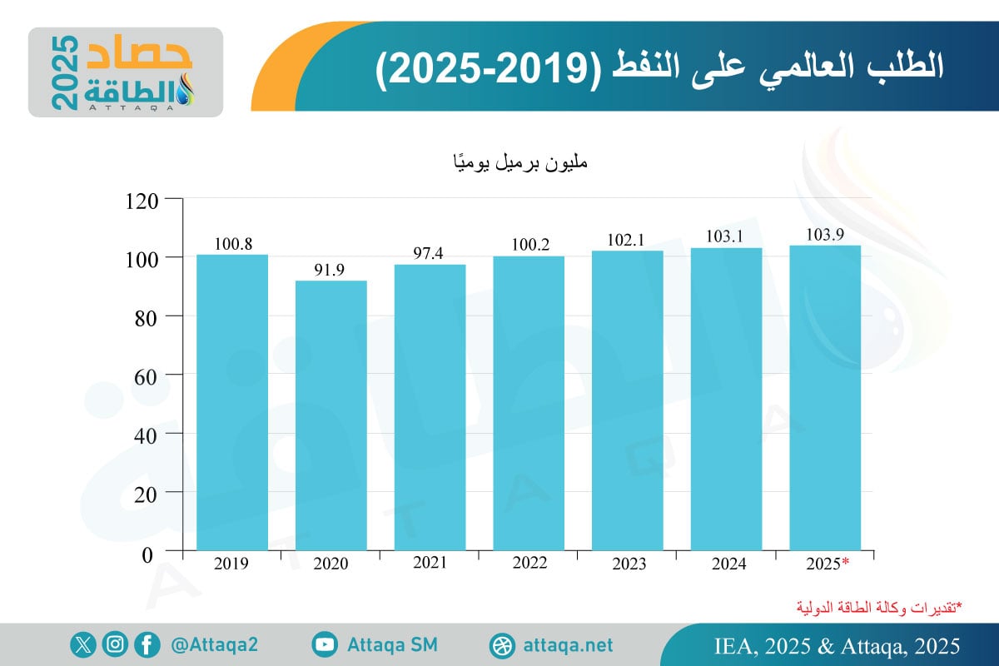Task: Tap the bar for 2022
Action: point(528,403)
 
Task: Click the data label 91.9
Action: point(331,271)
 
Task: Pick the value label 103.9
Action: point(824,236)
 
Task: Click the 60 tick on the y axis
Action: point(145,375)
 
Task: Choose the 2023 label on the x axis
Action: point(627,564)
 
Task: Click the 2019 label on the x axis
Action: point(231,564)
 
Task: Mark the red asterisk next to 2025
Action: point(846,563)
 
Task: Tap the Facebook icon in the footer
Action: point(147,644)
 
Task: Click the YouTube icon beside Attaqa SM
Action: point(325,644)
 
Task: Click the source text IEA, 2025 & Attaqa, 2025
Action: point(837,645)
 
